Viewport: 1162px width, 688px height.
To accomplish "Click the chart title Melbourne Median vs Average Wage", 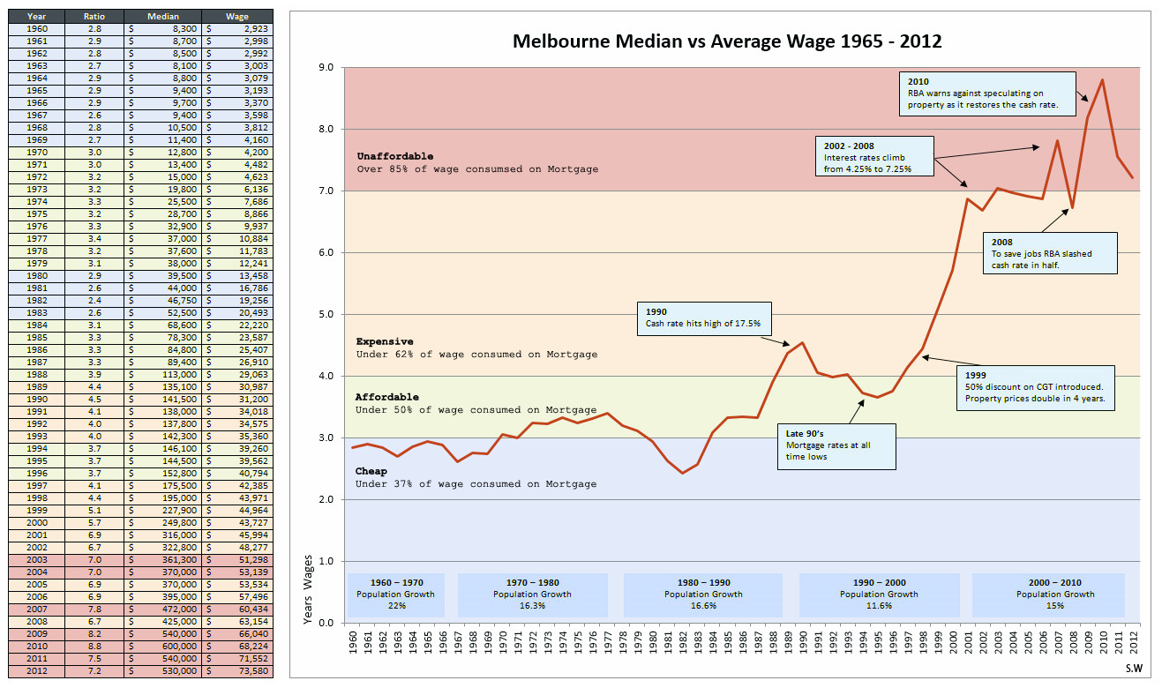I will point(727,41).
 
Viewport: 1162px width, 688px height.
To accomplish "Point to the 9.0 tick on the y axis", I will point(326,68).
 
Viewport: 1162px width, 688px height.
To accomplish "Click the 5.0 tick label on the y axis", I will point(326,315).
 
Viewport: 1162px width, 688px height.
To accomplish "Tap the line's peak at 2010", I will point(1102,80).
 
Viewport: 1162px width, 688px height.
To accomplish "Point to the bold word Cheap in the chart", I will point(371,471).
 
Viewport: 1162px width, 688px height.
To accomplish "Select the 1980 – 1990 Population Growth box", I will point(703,594).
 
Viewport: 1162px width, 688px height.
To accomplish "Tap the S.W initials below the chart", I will point(1133,670).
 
